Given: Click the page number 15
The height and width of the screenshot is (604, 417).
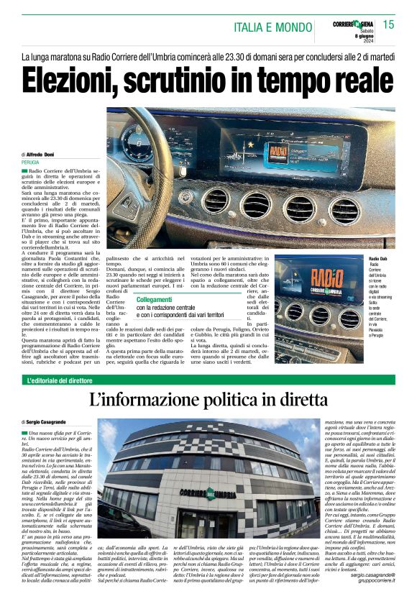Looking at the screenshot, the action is (x=388, y=24).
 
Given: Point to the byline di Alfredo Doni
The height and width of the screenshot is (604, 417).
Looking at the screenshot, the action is (x=44, y=155).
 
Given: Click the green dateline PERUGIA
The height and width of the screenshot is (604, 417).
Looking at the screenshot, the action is (x=31, y=163).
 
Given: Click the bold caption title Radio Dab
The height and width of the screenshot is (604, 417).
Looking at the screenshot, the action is (x=378, y=258).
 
